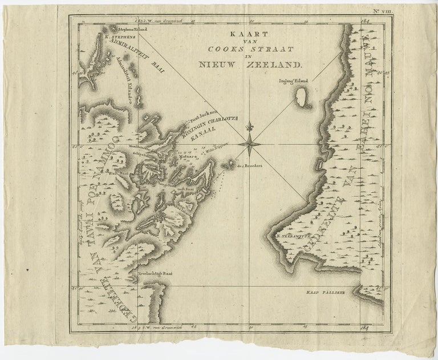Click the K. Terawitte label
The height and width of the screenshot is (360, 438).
[x=293, y=234]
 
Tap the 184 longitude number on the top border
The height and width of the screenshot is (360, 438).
[x=365, y=20]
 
